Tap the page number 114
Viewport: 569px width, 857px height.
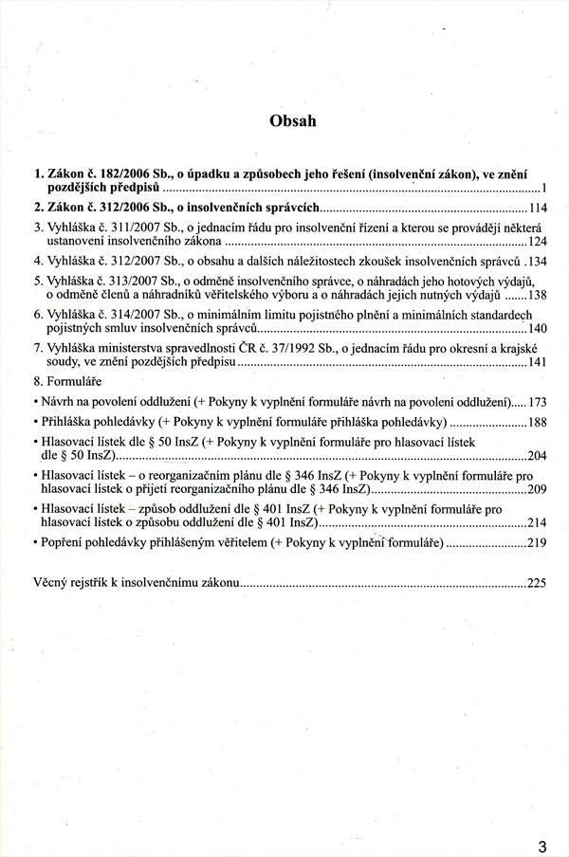click(538, 208)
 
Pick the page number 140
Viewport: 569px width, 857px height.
click(538, 327)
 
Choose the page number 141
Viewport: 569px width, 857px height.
click(538, 362)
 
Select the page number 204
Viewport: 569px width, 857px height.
click(538, 456)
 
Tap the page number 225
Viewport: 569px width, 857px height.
click(538, 582)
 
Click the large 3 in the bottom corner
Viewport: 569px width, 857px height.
click(541, 821)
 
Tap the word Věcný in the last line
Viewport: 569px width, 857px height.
click(53, 582)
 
